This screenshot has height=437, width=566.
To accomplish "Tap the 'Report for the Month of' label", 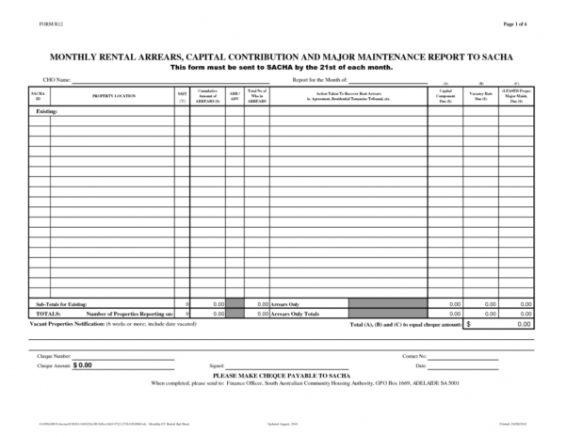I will [x=319, y=81].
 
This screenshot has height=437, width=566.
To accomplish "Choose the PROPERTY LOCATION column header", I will [x=114, y=96].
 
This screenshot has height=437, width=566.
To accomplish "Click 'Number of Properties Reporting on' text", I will [x=130, y=314].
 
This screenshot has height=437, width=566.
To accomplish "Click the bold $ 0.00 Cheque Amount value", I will [x=83, y=364].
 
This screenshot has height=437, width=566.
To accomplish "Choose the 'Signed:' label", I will [x=218, y=364].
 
